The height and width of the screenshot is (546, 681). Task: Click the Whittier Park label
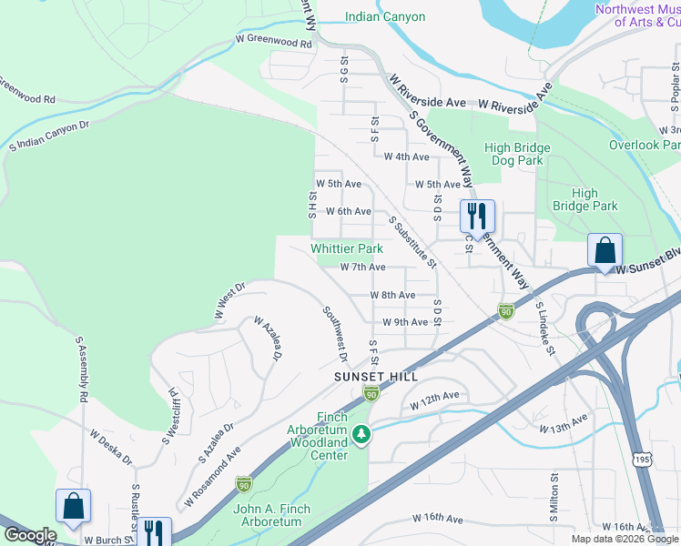(x=346, y=248)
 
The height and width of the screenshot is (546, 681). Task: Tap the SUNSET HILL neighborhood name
(x=375, y=376)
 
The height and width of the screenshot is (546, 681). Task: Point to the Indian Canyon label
(x=385, y=16)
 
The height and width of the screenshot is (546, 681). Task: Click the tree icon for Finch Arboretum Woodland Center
(x=362, y=435)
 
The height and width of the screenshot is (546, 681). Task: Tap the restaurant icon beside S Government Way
(x=477, y=217)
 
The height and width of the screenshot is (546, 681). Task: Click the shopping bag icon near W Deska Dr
(x=73, y=506)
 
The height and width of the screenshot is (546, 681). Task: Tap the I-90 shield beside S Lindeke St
(x=505, y=312)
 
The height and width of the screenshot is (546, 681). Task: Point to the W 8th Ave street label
(x=392, y=295)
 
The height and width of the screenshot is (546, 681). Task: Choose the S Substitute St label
(x=413, y=242)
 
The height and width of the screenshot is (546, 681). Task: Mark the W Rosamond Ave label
(x=212, y=477)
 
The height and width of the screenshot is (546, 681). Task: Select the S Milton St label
(x=553, y=498)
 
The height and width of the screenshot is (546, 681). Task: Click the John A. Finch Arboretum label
(x=271, y=515)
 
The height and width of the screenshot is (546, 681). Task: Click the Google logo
(x=30, y=535)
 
